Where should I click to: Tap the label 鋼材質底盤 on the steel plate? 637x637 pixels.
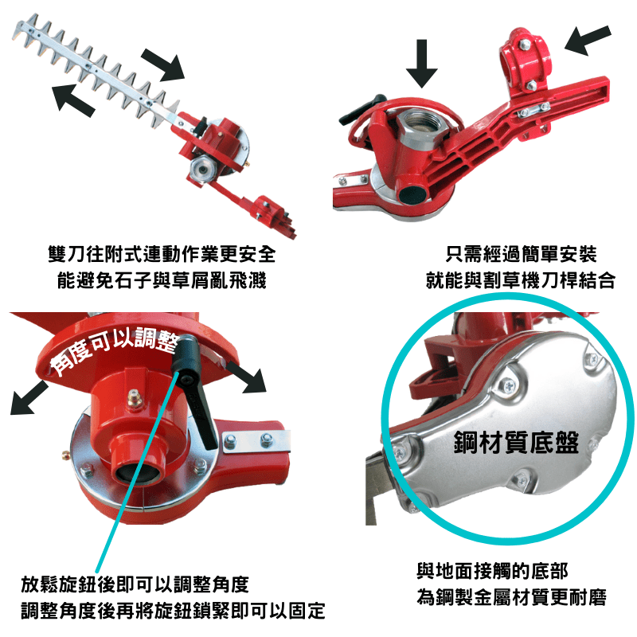[x=516, y=443]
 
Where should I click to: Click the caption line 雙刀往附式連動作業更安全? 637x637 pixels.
[x=162, y=254]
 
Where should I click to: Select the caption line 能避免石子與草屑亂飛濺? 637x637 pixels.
[x=162, y=280]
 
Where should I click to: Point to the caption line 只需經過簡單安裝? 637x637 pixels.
[x=521, y=254]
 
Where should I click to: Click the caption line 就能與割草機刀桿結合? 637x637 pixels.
[x=521, y=280]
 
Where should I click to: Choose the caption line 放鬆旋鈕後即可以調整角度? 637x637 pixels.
[x=135, y=584]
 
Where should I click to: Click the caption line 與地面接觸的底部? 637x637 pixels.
[x=492, y=571]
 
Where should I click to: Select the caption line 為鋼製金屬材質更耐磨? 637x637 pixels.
[x=511, y=596]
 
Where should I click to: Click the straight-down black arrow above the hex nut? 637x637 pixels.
[x=422, y=63]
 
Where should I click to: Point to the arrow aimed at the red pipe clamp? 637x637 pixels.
[x=587, y=41]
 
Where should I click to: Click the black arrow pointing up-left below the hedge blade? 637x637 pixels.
[x=73, y=98]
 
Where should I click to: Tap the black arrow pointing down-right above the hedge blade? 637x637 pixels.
[x=163, y=64]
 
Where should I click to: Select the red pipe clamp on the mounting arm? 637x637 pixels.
[x=526, y=62]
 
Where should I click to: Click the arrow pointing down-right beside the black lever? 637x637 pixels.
[x=247, y=377]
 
